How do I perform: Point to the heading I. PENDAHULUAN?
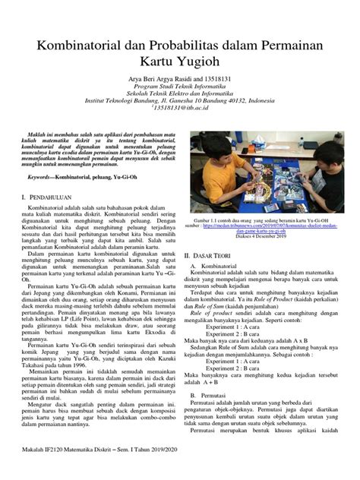(x=50, y=196)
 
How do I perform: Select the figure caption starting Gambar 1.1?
(x=258, y=219)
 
